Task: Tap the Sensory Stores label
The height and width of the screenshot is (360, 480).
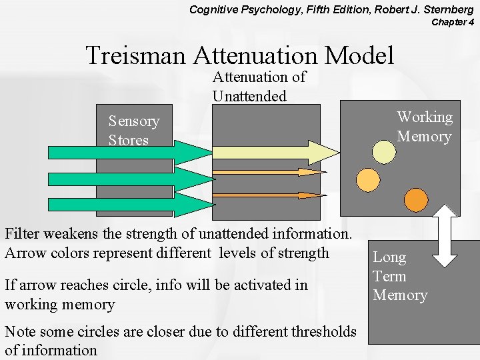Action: pyautogui.click(x=134, y=130)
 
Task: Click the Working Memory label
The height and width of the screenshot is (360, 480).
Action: pyautogui.click(x=425, y=127)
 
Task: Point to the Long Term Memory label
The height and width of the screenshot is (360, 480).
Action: pyautogui.click(x=400, y=276)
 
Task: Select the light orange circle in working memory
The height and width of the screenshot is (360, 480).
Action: pyautogui.click(x=367, y=179)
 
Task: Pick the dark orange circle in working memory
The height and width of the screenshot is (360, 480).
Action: pyautogui.click(x=416, y=200)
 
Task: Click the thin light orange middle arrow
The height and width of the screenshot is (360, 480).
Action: pyautogui.click(x=267, y=172)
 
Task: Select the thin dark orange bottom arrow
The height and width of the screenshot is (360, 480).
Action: pyautogui.click(x=267, y=195)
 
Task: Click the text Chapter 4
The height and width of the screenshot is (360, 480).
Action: pyautogui.click(x=453, y=22)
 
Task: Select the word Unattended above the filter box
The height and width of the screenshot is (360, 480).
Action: pyautogui.click(x=249, y=96)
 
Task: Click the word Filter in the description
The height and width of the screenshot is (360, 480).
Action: pyautogui.click(x=21, y=234)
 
